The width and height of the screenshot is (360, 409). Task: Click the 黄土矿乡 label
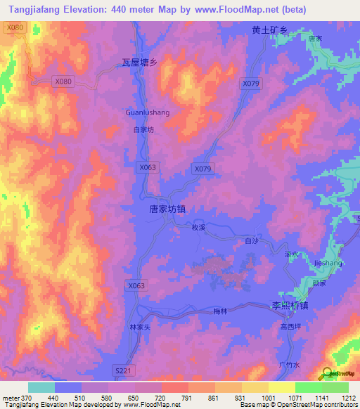click(x=270, y=31)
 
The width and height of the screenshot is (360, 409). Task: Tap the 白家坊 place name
click(x=143, y=130)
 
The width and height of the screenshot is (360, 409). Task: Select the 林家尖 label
click(x=141, y=327)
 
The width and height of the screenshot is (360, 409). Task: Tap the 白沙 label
click(x=252, y=241)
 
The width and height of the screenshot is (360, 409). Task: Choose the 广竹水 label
click(x=289, y=365)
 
